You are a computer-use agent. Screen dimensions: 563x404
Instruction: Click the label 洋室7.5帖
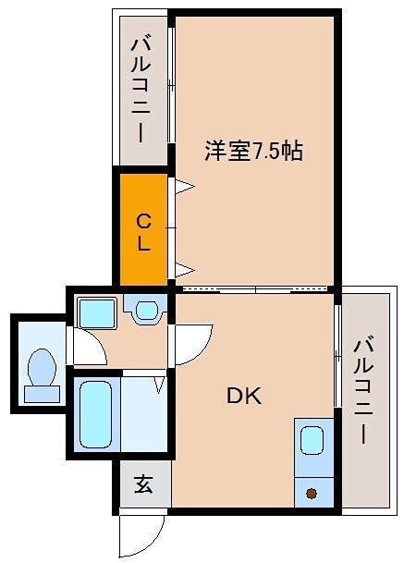253,152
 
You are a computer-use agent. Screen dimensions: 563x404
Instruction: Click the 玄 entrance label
144,483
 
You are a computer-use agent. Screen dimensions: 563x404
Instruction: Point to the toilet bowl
42,367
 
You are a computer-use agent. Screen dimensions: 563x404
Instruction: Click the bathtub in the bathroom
95,413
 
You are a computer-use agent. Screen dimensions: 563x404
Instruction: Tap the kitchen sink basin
312,440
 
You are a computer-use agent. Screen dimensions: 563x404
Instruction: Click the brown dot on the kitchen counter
312,493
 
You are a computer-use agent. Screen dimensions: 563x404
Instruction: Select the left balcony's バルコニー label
141,89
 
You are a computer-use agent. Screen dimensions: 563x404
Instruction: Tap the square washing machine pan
95,312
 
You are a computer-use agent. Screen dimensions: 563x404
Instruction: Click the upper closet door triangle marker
185,189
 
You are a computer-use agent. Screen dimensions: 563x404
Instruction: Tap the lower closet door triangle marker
184,270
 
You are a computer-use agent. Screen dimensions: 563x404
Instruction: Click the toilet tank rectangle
42,394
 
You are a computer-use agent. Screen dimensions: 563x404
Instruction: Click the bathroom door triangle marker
159,381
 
